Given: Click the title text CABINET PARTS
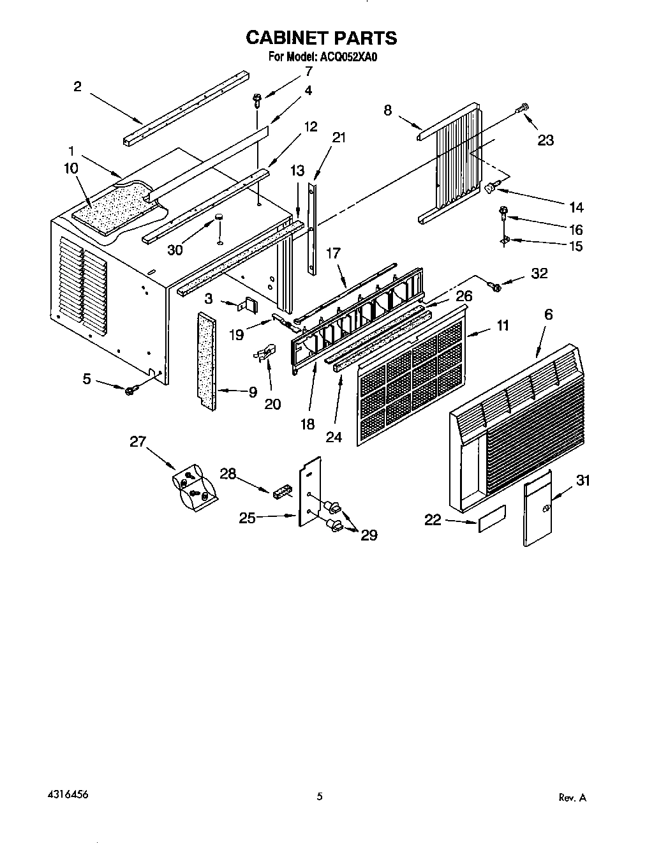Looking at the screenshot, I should pyautogui.click(x=322, y=38).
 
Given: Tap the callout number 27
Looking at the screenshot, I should pyautogui.click(x=138, y=441).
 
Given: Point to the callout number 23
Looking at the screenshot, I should pyautogui.click(x=546, y=140).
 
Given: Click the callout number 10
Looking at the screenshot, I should pyautogui.click(x=71, y=168).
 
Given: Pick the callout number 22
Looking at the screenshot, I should pyautogui.click(x=433, y=520).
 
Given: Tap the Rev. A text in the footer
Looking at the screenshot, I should pyautogui.click(x=572, y=798).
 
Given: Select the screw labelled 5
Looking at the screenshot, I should pyautogui.click(x=131, y=389).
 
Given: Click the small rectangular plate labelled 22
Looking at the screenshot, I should pyautogui.click(x=492, y=519).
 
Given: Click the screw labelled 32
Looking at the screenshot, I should pyautogui.click(x=494, y=287).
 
